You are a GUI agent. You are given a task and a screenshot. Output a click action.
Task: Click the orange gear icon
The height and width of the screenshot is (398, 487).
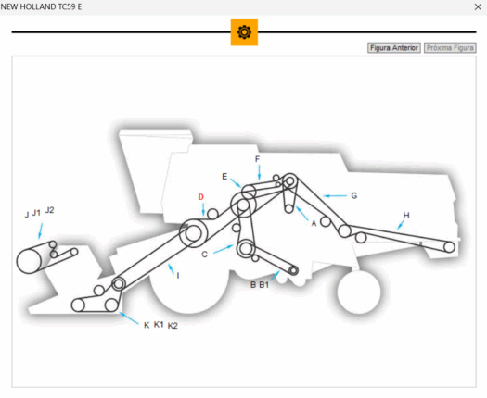click(x=244, y=32)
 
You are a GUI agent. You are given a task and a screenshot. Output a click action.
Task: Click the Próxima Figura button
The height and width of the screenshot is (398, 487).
click(x=450, y=47)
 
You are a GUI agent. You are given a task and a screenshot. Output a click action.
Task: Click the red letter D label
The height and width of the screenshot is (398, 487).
click(x=199, y=197)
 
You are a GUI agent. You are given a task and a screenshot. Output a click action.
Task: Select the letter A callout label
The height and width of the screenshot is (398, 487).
click(x=314, y=223)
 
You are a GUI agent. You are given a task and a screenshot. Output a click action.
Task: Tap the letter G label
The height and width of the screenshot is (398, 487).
click(x=353, y=195)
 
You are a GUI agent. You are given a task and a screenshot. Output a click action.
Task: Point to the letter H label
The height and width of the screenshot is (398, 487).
click(x=405, y=216)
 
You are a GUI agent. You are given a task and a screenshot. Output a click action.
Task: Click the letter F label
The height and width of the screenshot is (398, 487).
click(x=257, y=159)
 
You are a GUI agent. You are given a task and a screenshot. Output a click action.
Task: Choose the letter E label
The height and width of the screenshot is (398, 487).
click(x=224, y=176)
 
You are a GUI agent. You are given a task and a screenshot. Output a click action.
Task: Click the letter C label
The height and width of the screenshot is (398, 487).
click(x=204, y=254)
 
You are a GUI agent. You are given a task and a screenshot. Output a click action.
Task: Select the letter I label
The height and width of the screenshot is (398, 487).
click(x=177, y=275)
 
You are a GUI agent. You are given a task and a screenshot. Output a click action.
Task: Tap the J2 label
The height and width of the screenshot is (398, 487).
click(x=50, y=211)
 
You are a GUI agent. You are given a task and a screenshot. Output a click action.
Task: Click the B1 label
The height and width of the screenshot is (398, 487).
click(x=263, y=285)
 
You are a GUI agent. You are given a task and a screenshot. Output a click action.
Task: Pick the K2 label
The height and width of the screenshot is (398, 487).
click(x=173, y=326)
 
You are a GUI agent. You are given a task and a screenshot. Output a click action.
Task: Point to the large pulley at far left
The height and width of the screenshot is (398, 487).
click(x=32, y=260)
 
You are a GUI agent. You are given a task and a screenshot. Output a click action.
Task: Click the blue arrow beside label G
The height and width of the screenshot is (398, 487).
click(x=335, y=196)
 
